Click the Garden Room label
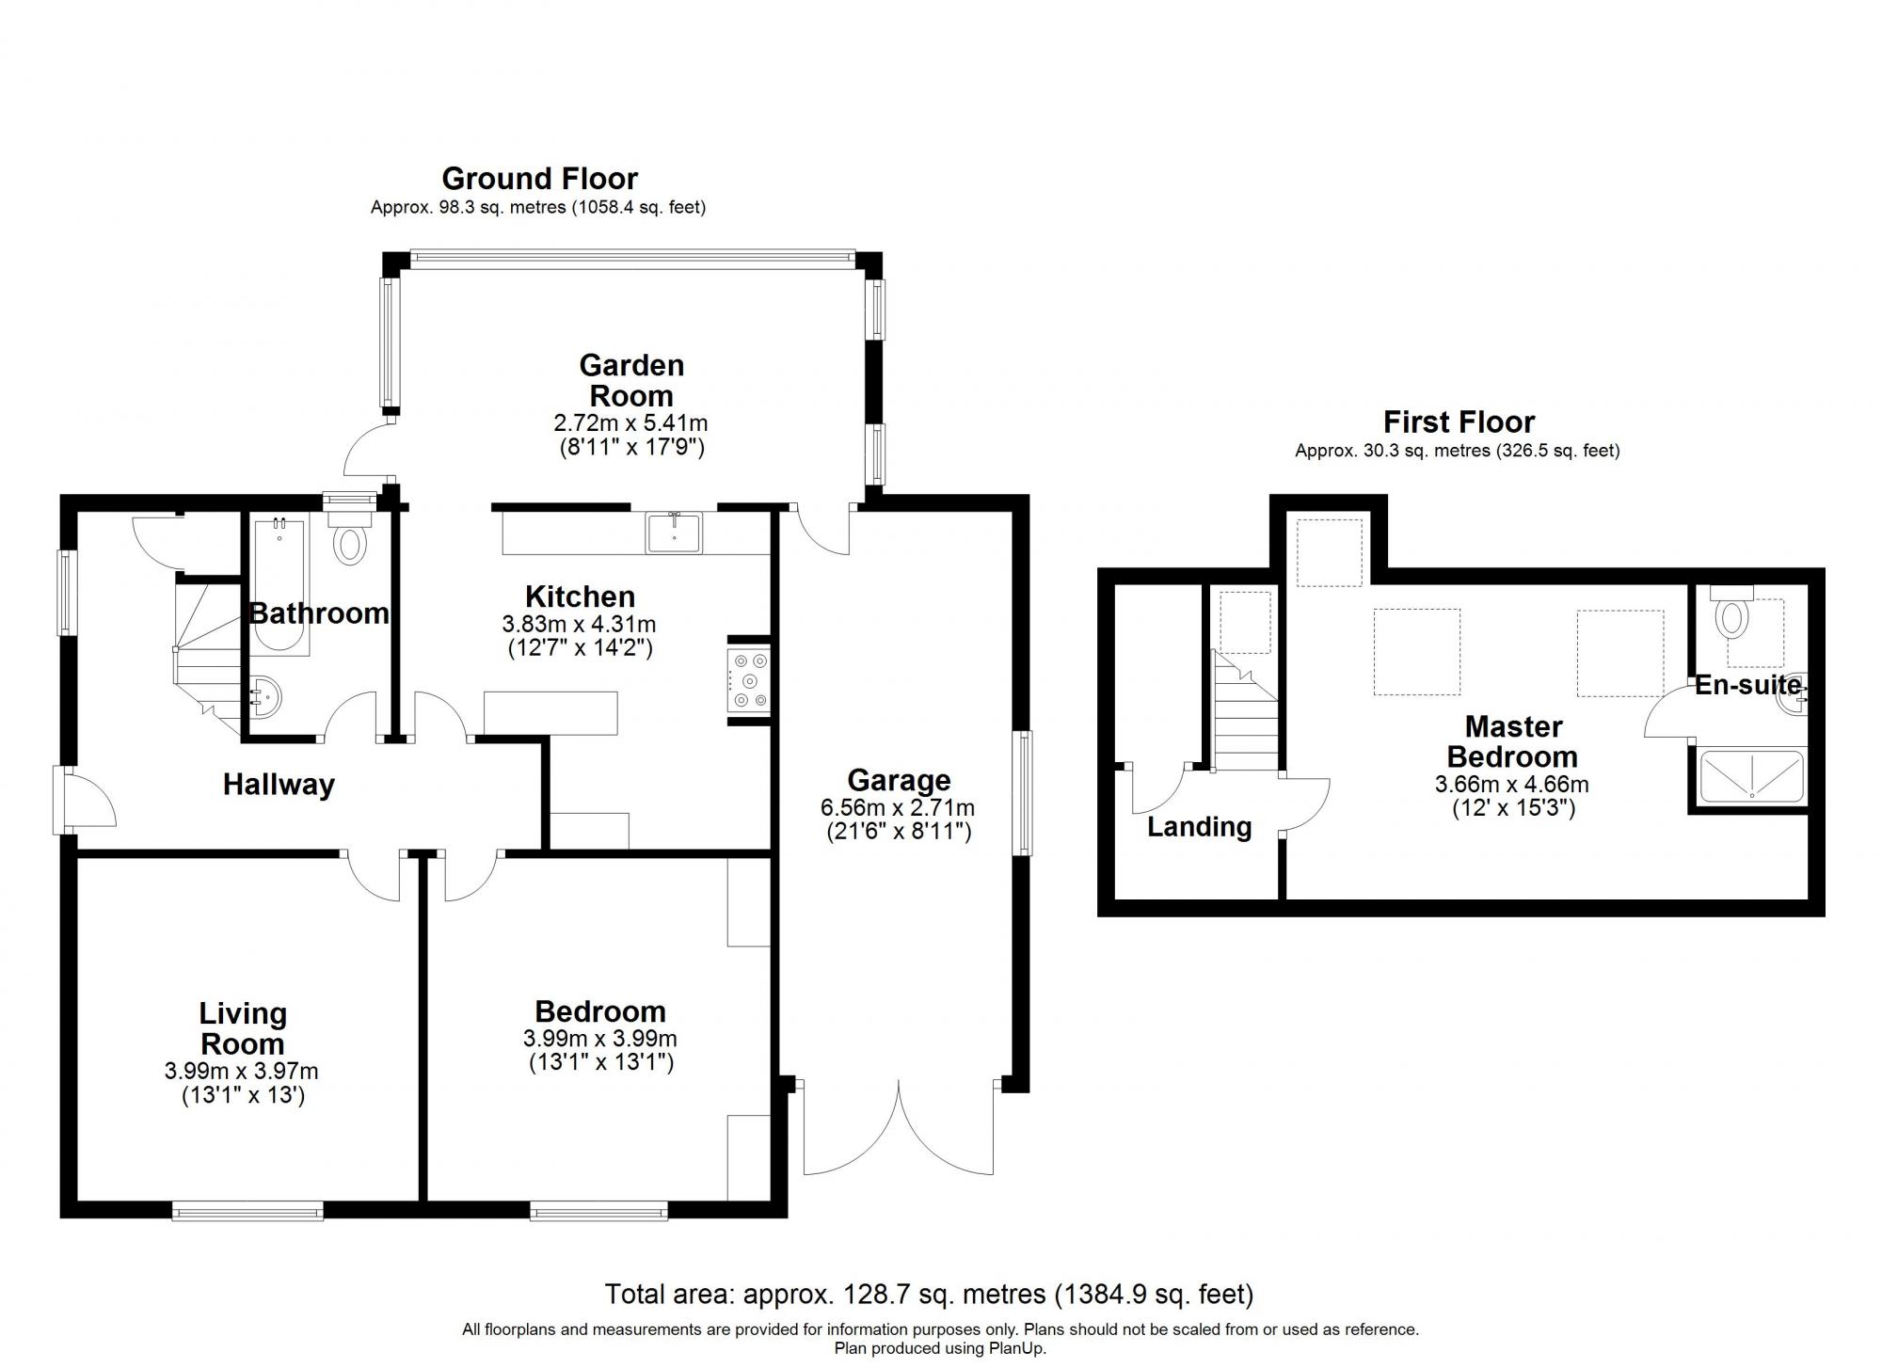(x=630, y=380)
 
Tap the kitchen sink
(x=674, y=533)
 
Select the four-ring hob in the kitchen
(x=749, y=681)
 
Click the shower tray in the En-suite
(x=1751, y=776)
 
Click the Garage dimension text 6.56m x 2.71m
(x=898, y=807)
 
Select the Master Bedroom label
(x=1512, y=741)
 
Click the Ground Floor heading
(x=539, y=178)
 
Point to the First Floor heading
(x=1458, y=422)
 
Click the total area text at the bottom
(x=928, y=1295)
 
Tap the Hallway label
(x=279, y=785)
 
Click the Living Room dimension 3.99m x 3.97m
(x=241, y=1071)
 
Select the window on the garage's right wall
(x=1022, y=793)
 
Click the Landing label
(x=1199, y=827)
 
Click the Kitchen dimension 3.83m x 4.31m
(x=579, y=624)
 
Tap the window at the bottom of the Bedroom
(x=598, y=1210)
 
